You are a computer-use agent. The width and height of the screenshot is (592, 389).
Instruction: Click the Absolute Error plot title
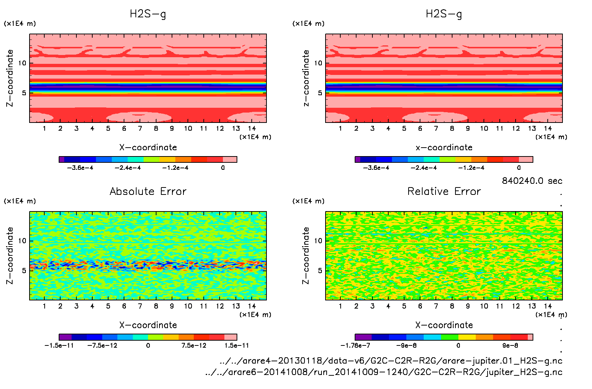(x=148, y=191)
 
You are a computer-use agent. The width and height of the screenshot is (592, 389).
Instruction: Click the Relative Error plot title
(x=444, y=191)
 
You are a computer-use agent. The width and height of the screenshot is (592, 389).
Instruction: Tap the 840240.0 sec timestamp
(x=532, y=181)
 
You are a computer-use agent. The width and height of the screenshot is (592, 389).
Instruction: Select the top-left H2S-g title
(x=148, y=14)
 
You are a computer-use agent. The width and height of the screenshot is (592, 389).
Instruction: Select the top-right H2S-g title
(x=444, y=14)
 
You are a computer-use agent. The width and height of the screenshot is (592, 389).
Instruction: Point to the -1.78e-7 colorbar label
(x=355, y=345)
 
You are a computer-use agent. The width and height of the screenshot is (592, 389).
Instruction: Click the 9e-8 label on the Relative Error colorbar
(x=510, y=345)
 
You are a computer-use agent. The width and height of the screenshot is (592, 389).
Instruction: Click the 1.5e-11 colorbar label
(x=237, y=345)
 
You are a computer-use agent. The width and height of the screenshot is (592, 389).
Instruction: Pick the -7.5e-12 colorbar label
(x=102, y=345)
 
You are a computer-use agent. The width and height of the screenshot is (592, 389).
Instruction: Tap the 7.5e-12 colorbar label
(x=194, y=345)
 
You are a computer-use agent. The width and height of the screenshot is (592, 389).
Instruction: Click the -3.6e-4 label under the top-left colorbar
(x=80, y=168)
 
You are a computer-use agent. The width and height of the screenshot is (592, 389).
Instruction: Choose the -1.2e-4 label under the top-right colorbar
(x=471, y=168)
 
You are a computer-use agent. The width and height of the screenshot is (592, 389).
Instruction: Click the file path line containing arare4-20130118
(x=391, y=361)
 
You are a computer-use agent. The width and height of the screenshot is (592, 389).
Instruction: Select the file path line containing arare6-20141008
(x=384, y=372)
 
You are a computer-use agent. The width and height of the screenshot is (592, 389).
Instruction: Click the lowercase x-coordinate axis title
(x=444, y=148)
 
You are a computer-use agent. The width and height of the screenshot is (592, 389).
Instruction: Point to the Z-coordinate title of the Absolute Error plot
(x=10, y=255)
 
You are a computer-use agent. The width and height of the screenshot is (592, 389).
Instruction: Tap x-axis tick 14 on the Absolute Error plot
(x=252, y=306)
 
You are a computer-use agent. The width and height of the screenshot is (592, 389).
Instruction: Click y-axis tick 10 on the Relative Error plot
(x=318, y=241)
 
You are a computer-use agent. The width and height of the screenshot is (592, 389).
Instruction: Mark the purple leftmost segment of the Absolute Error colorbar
(x=65, y=337)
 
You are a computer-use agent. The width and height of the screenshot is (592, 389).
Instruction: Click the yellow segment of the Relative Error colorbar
(x=467, y=337)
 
